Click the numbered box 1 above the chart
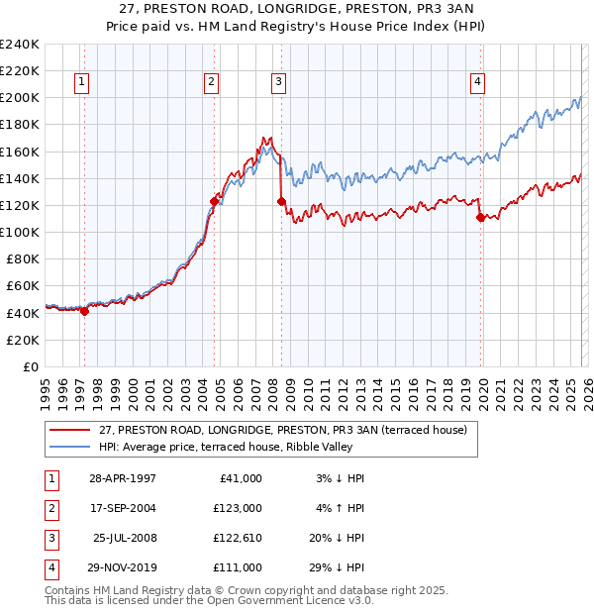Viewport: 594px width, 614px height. click(x=80, y=82)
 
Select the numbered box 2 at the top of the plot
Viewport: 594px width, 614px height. click(x=212, y=82)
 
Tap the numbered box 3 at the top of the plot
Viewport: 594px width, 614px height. click(x=279, y=82)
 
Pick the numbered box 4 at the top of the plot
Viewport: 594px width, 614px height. click(x=477, y=82)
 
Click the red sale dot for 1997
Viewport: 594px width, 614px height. click(x=84, y=311)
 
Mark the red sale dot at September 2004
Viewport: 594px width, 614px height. click(x=214, y=201)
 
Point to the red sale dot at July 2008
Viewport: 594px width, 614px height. click(x=281, y=201)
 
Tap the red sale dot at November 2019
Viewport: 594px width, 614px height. click(x=480, y=217)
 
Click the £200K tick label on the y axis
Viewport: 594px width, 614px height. click(x=19, y=98)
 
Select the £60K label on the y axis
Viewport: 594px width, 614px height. click(x=22, y=286)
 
